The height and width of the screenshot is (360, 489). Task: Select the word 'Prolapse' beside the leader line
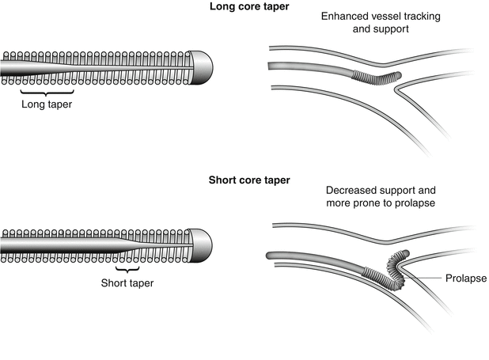[464, 279]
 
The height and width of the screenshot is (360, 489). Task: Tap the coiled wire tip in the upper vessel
[377, 78]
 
